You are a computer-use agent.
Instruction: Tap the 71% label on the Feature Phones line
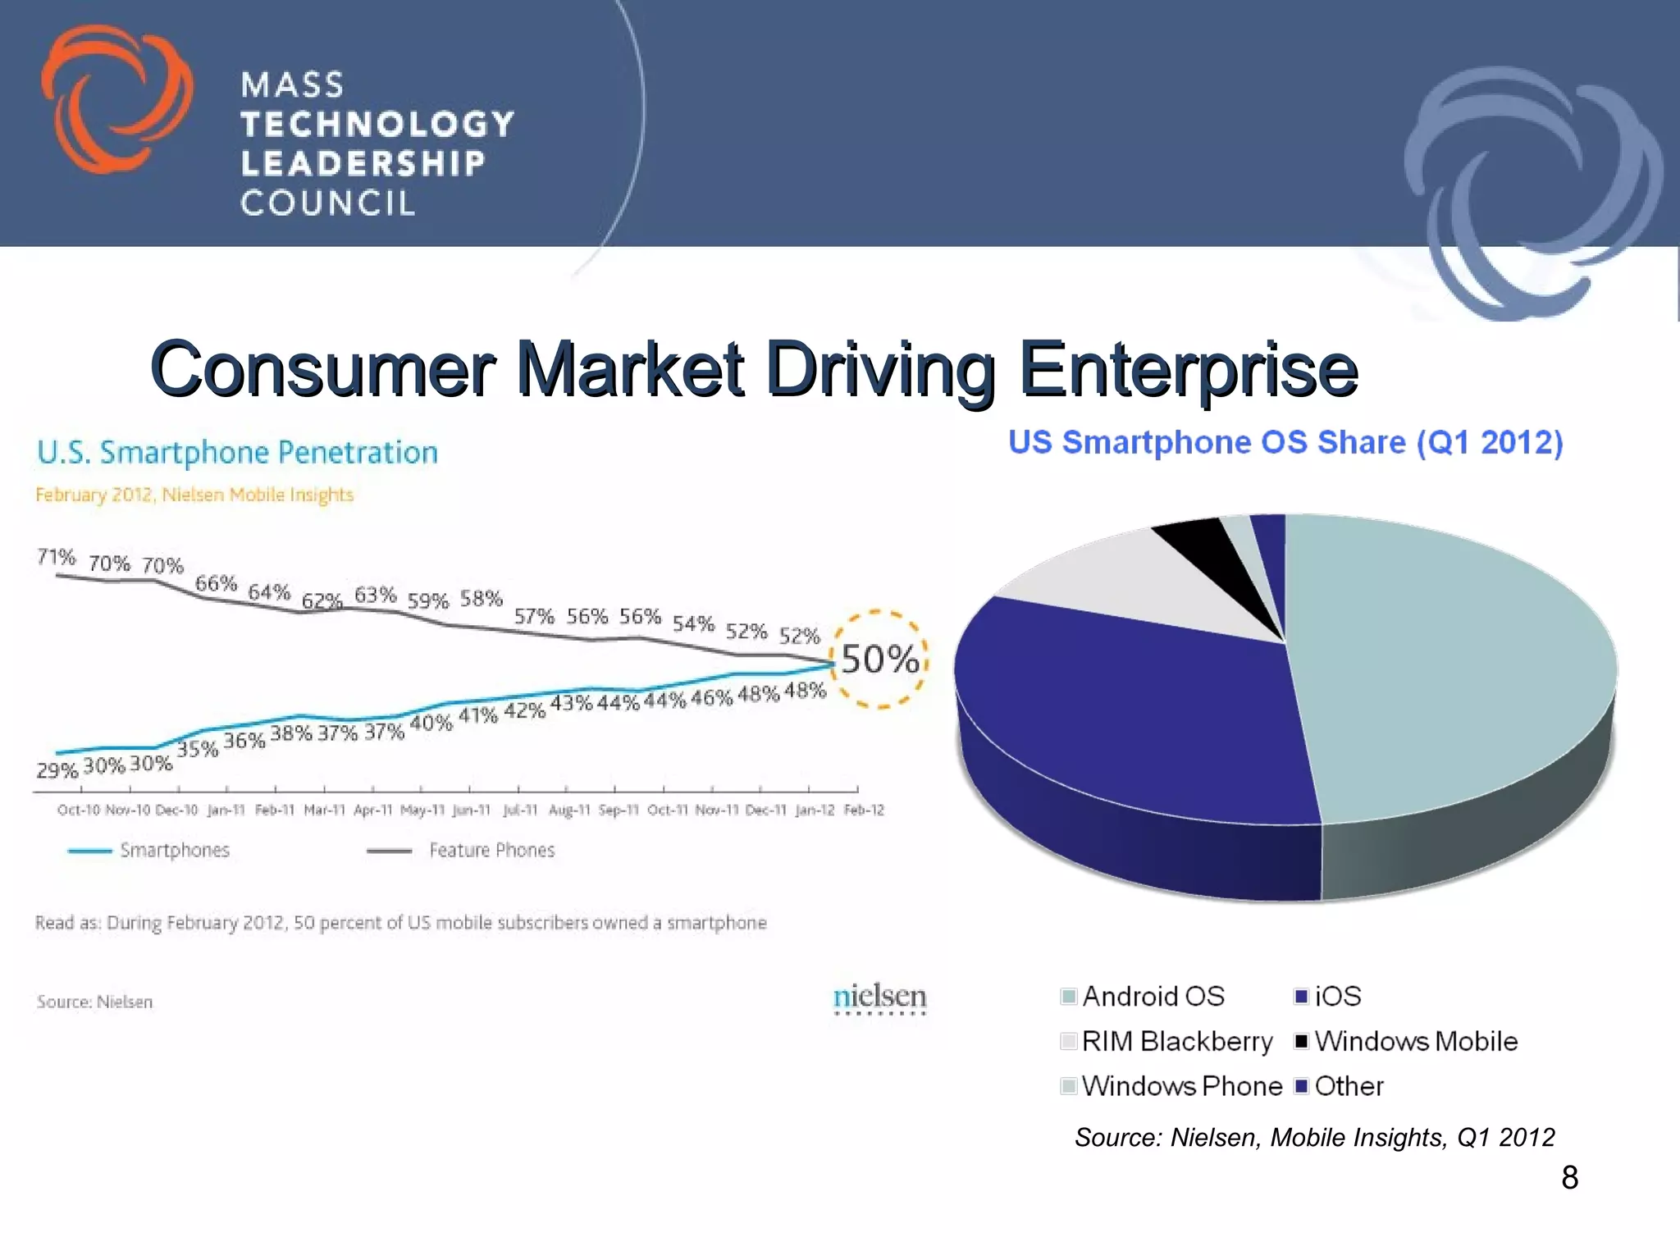[56, 558]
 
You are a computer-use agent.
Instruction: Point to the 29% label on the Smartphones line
[57, 770]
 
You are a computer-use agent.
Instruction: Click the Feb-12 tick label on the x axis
[864, 810]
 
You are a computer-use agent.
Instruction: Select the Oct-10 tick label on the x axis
[78, 810]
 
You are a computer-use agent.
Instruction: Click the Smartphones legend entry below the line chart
[174, 851]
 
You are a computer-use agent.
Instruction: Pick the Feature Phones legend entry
[491, 851]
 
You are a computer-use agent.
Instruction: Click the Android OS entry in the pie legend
[1152, 997]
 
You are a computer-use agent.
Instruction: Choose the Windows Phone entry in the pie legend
[1181, 1086]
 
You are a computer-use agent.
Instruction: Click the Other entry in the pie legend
[1348, 1086]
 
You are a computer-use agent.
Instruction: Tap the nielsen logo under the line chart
[879, 997]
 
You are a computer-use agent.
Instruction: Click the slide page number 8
[1569, 1178]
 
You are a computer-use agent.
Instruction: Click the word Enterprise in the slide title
[1188, 369]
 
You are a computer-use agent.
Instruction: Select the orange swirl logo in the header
[115, 98]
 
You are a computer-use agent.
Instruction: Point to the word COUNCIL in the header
[328, 203]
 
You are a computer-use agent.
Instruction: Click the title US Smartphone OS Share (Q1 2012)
[1285, 443]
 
